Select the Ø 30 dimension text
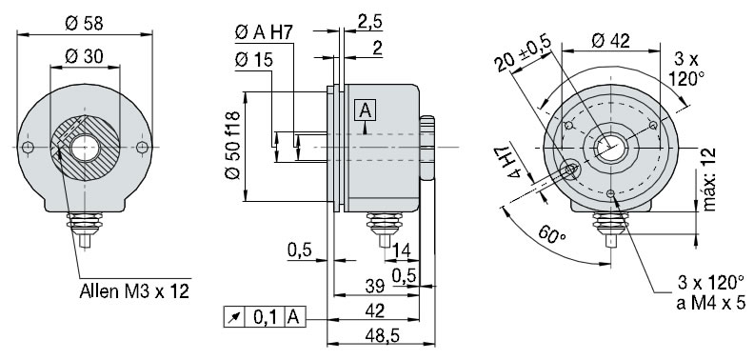[x=85, y=56]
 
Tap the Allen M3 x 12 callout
[x=134, y=291]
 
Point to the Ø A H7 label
[x=263, y=34]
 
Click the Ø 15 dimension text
[x=253, y=60]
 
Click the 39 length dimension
[x=376, y=285]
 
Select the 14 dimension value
[x=400, y=250]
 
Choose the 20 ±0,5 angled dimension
[x=523, y=58]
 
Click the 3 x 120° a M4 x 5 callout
[x=709, y=291]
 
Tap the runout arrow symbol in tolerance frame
[x=232, y=316]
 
